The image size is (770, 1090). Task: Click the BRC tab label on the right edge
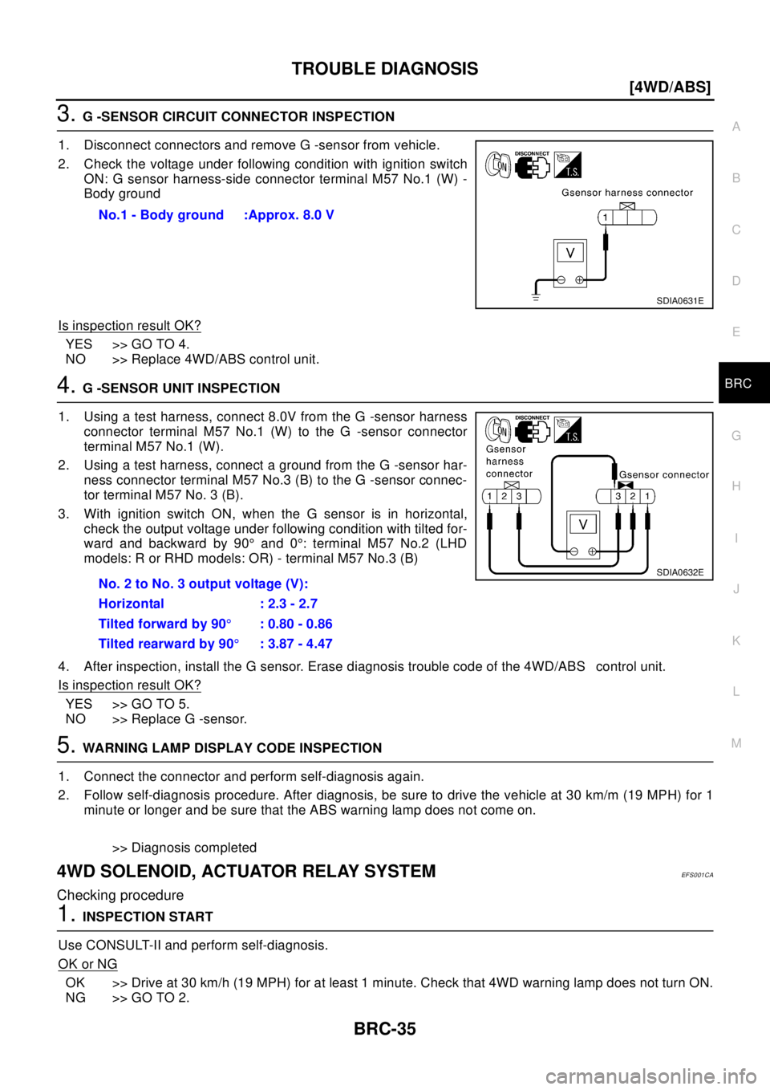[x=737, y=384]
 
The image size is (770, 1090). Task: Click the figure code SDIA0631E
[x=679, y=301]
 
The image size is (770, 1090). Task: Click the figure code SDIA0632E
[x=679, y=572]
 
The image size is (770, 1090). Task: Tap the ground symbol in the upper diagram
[x=536, y=297]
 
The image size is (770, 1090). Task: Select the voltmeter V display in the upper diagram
[x=570, y=254]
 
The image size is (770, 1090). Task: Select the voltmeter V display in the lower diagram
[x=583, y=524]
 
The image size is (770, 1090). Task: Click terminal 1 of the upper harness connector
[x=606, y=218]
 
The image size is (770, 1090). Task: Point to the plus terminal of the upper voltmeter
[x=579, y=279]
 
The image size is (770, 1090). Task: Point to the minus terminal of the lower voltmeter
[x=573, y=551]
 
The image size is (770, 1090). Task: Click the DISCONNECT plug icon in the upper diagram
[x=532, y=165]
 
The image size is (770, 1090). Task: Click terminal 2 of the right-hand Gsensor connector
[x=633, y=497]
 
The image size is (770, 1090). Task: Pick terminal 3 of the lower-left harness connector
[x=519, y=497]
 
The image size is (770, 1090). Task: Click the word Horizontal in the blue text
[x=131, y=604]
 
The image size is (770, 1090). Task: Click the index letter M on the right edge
[x=736, y=743]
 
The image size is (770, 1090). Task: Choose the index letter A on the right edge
[x=736, y=127]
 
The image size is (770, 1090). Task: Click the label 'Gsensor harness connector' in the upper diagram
[x=627, y=193]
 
